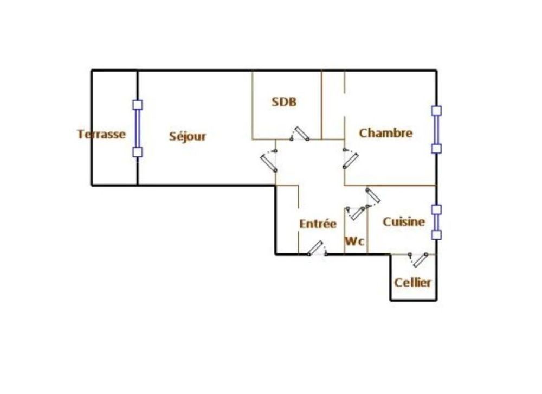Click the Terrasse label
(101, 134)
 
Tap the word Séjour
(188, 136)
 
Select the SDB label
(284, 101)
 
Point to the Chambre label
(386, 133)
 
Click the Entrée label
(318, 224)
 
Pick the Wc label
(355, 242)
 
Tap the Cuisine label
(404, 221)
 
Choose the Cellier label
(413, 282)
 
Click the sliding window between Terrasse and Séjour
(138, 129)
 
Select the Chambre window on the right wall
(436, 130)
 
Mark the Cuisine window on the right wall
(436, 222)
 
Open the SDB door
(300, 134)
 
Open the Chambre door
(351, 159)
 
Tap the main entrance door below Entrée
(316, 249)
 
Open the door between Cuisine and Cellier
(419, 259)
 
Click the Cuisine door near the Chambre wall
(373, 196)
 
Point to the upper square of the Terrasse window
(138, 105)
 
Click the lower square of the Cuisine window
(436, 235)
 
